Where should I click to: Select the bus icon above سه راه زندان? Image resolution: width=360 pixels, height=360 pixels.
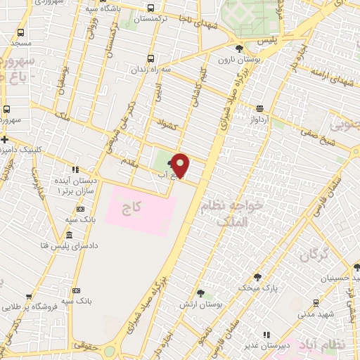(x=149, y=59)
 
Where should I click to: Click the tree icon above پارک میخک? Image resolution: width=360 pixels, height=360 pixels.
(x=257, y=276)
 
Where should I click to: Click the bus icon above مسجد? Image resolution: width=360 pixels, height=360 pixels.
(x=21, y=33)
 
